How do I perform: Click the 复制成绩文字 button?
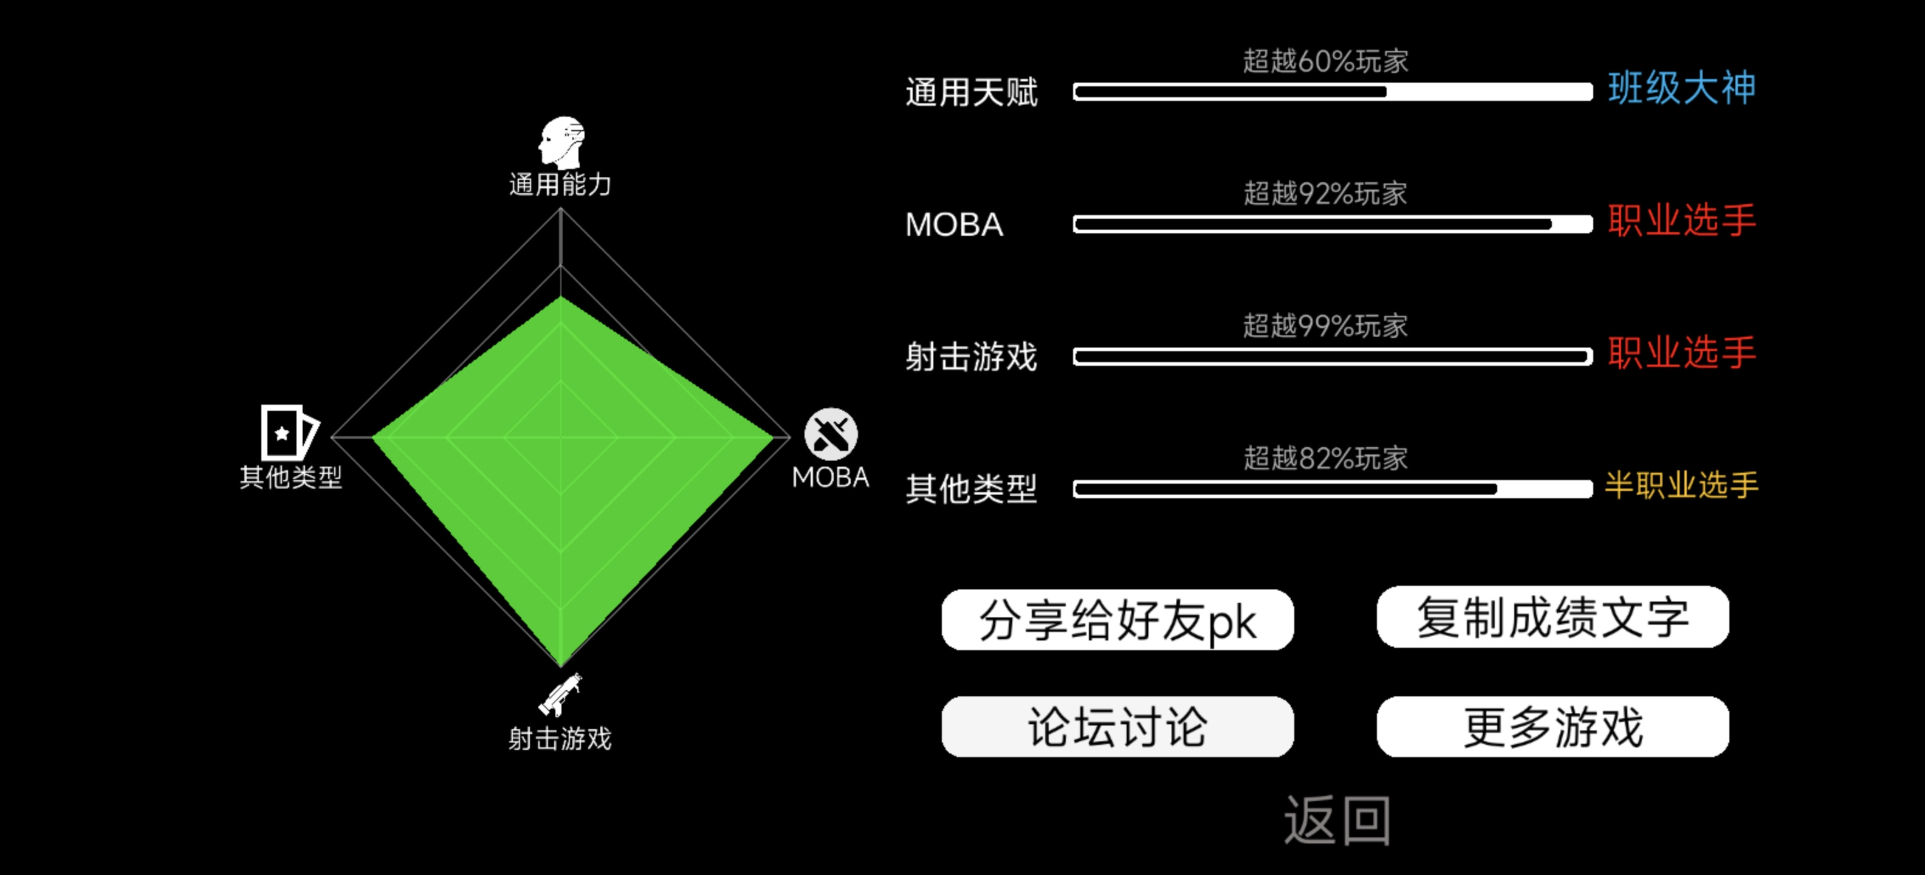pos(1553,617)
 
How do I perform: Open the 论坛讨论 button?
pos(1117,726)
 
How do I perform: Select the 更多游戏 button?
pos(1553,726)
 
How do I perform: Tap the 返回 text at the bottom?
pos(1337,820)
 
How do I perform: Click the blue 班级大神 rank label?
pos(1681,88)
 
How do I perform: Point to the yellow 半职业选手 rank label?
pos(1681,485)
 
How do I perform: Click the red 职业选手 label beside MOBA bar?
pos(1681,221)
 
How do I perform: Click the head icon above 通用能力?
pos(561,142)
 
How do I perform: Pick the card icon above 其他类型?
pos(289,432)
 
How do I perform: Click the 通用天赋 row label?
pos(972,92)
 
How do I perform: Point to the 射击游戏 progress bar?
pos(1333,357)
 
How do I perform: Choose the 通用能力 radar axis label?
pos(560,185)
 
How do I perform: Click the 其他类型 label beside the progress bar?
pos(972,489)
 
